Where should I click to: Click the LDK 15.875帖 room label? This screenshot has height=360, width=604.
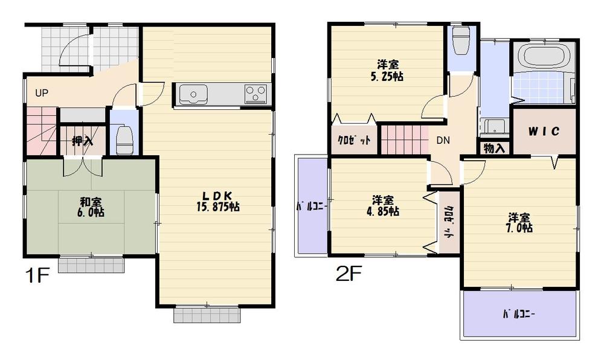(217, 201)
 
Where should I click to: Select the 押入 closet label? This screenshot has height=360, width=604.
(82, 141)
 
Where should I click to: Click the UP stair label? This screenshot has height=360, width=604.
(42, 93)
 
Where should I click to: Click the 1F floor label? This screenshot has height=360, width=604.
(37, 276)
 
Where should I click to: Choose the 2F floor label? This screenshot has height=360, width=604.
(349, 275)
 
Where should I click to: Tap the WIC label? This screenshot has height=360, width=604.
(544, 131)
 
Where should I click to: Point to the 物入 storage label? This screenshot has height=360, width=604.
(495, 147)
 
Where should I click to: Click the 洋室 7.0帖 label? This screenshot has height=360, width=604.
(519, 222)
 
